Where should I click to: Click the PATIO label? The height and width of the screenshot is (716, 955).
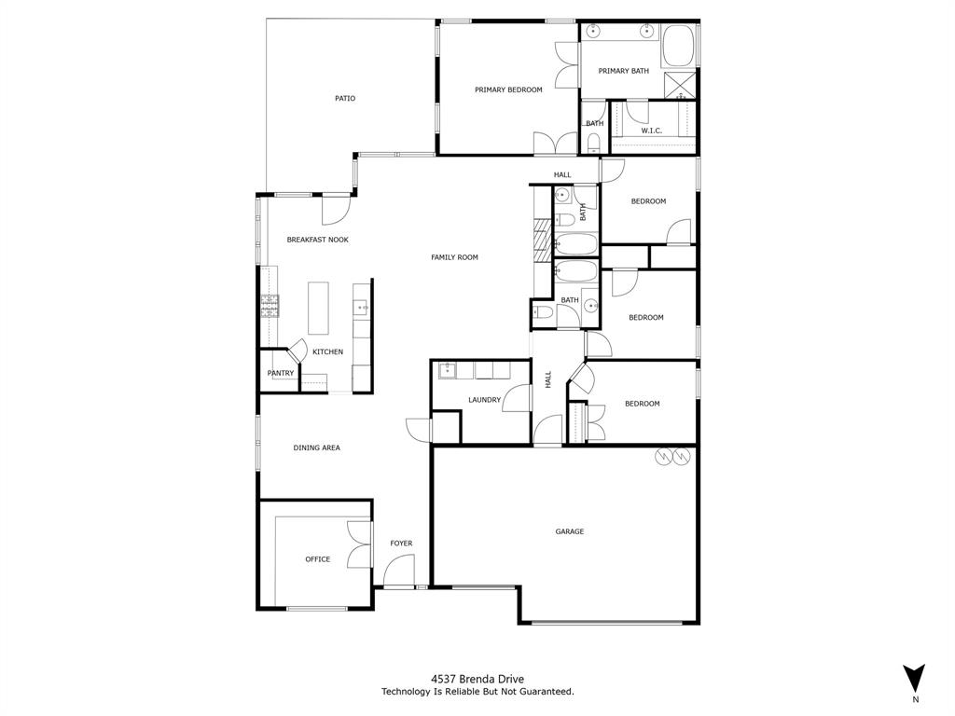345,98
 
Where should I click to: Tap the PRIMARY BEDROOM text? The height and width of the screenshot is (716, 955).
508,89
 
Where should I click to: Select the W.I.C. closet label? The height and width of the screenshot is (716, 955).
651,131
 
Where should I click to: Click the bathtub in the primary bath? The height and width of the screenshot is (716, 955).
678,45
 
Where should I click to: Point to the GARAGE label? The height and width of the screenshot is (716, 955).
570,531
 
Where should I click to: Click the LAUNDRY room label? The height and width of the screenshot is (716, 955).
484,400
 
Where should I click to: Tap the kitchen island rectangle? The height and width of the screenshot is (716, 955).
319,309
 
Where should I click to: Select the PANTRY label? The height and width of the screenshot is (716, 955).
281,373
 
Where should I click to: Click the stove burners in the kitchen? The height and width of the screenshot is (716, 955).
270,306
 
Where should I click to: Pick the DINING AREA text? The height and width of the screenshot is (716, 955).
317,447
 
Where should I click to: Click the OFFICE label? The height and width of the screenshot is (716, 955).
318,559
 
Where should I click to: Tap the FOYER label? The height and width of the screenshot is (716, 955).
401,544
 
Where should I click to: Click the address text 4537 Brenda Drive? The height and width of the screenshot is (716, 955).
477,680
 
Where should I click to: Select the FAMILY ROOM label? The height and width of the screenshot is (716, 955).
454,257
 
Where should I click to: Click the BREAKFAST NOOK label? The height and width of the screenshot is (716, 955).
317,240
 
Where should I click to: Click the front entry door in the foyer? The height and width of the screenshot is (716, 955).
399,571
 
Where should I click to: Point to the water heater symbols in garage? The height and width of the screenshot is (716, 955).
672,456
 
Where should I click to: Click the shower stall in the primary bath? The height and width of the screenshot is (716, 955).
679,85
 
